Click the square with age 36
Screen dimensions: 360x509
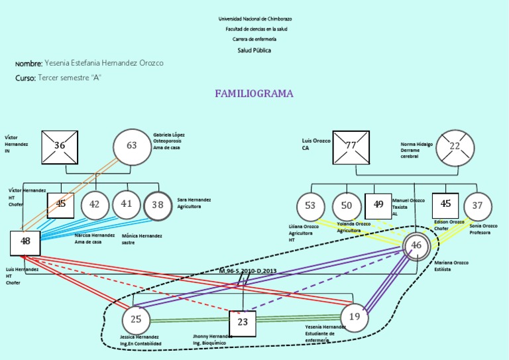(x=60, y=147)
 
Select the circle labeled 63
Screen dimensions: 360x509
(x=132, y=147)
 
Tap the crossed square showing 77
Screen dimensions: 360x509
(x=351, y=147)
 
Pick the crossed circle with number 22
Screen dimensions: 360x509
(x=455, y=147)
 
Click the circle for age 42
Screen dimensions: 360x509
(x=95, y=205)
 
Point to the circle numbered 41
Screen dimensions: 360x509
(x=127, y=204)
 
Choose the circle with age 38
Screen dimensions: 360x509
(x=158, y=206)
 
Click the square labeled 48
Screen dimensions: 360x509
(x=26, y=242)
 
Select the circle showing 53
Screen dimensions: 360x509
(x=310, y=206)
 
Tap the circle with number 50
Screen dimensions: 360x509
(x=346, y=206)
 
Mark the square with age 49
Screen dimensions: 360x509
(x=378, y=206)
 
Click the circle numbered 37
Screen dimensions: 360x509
(x=477, y=206)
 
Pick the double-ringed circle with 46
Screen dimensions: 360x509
(x=416, y=246)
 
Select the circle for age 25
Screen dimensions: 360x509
(x=136, y=320)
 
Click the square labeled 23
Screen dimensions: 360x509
(x=243, y=324)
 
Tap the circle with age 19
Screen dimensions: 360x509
(x=355, y=317)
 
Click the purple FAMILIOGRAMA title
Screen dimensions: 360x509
(x=254, y=93)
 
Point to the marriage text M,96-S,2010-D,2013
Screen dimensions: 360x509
(x=248, y=271)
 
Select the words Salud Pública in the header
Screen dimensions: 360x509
(x=254, y=50)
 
